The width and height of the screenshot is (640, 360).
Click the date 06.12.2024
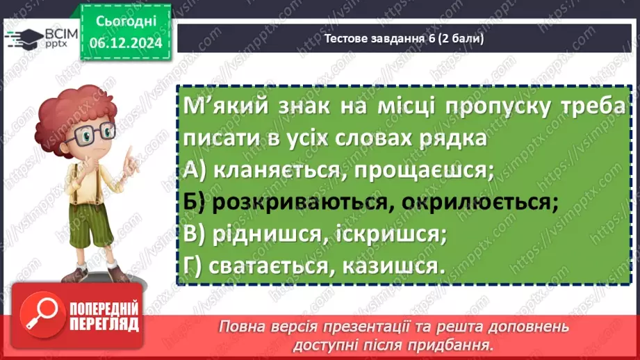126,43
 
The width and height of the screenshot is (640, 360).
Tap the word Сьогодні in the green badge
126,22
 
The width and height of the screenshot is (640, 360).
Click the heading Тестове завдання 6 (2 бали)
404,38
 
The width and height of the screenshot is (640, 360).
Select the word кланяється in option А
277,170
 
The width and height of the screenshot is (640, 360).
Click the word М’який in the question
226,106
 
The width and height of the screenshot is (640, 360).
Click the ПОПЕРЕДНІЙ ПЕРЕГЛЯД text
104,316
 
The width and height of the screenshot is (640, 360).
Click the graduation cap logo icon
24,39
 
